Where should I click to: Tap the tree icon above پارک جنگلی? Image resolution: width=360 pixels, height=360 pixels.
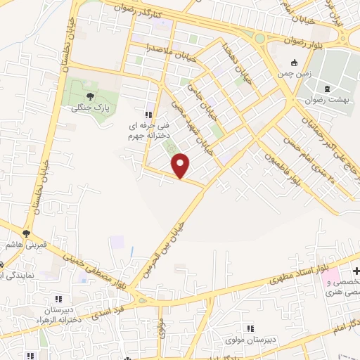tap(89, 98)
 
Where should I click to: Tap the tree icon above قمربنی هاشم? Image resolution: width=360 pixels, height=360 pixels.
tap(26, 233)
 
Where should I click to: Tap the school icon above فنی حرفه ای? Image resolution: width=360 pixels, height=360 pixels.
tap(148, 115)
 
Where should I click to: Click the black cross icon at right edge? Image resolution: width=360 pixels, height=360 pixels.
tap(356, 271)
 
